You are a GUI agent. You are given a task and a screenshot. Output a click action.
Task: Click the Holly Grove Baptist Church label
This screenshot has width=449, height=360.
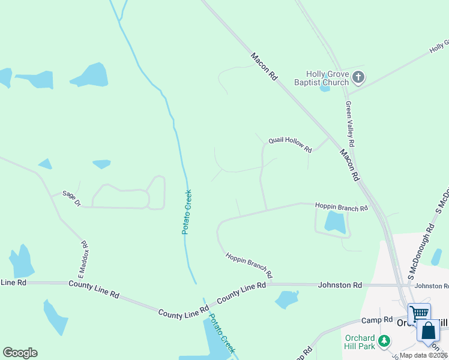[x=322, y=78]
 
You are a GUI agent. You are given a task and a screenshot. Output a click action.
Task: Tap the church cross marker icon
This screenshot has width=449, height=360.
[x=358, y=77]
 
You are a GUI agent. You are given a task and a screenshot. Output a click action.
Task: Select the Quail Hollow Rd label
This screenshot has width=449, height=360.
[x=290, y=145]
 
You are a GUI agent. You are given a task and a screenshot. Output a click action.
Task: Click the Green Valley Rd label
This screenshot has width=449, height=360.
[x=350, y=124]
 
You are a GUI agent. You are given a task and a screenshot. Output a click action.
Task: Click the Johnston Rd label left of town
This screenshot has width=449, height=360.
[x=340, y=285]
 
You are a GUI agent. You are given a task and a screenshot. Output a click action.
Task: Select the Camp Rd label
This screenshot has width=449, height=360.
[x=381, y=320]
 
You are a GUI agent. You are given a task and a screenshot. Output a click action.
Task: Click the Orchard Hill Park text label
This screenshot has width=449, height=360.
[x=360, y=342]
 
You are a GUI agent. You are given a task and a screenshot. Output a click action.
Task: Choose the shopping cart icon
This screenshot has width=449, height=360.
[x=419, y=312]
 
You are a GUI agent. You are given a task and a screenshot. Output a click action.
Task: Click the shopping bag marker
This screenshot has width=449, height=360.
[x=428, y=331]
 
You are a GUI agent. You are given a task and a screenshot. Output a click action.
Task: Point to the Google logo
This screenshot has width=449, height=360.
[x=20, y=353]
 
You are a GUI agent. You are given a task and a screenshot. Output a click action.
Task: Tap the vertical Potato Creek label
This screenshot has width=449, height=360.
[x=187, y=212]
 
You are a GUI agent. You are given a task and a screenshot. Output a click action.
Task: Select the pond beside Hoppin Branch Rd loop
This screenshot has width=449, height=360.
[x=334, y=223]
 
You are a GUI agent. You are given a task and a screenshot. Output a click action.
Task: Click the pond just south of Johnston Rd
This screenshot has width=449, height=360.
[x=288, y=298]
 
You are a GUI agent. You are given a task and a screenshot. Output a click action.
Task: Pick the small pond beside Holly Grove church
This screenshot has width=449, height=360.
[x=325, y=88]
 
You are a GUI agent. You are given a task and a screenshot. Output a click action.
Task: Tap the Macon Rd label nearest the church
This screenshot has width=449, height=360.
[x=265, y=67]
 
